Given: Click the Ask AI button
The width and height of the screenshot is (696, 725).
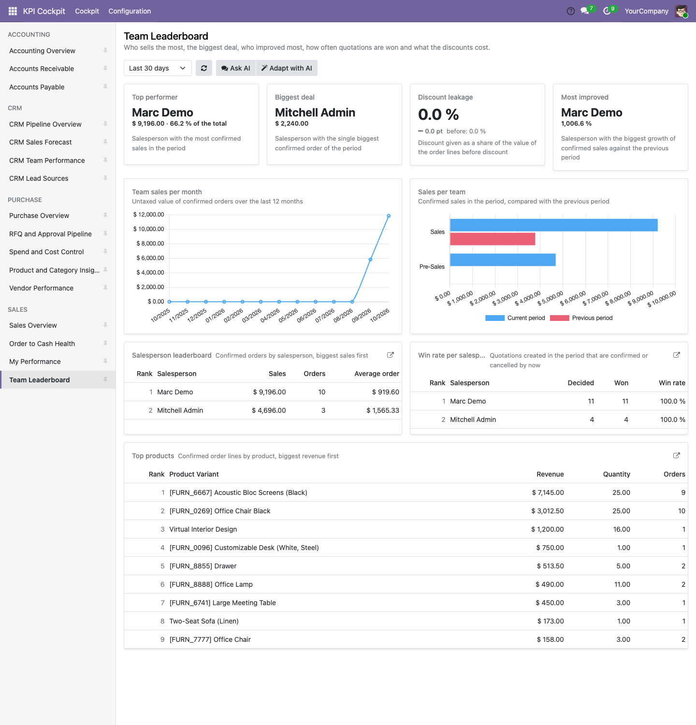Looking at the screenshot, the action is point(236,68).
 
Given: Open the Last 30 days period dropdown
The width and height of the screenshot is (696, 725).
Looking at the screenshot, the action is point(158,68).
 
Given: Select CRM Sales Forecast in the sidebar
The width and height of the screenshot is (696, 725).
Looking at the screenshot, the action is point(41,142).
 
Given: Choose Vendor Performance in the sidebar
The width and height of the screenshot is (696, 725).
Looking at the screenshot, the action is point(42,288).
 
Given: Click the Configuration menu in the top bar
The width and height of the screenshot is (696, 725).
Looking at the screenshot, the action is point(130,11).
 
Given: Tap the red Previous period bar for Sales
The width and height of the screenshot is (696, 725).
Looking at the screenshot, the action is point(493,239).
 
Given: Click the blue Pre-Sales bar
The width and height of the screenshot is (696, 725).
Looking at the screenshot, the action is point(503,260).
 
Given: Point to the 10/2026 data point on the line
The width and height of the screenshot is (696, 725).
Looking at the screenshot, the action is point(389,216).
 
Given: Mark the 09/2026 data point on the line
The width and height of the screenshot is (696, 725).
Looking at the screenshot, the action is point(370,260).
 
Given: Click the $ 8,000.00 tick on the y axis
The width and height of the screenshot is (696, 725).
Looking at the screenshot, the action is point(150,244).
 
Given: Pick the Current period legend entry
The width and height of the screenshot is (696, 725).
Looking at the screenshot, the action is point(515,318).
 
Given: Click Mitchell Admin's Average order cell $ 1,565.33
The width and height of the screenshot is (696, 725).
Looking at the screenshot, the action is point(383,410).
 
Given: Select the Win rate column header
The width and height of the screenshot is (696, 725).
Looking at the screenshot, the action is point(672,383).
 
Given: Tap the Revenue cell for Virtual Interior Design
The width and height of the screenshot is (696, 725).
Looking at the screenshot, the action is point(548,529).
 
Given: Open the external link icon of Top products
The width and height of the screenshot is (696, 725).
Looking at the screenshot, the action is point(677,455).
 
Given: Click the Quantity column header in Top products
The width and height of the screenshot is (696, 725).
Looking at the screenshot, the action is point(617,474).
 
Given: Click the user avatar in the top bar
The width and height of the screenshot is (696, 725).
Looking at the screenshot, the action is point(681,11).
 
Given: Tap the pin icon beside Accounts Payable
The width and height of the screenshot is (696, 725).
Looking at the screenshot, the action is point(105,87).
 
